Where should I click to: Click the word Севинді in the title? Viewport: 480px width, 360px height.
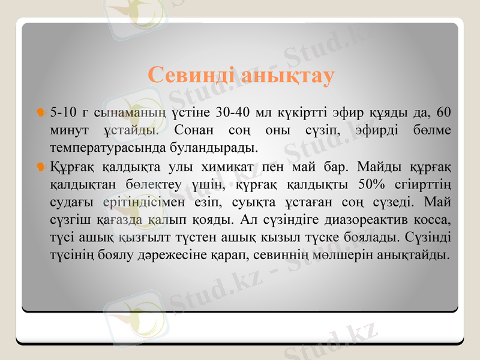(190, 76)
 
